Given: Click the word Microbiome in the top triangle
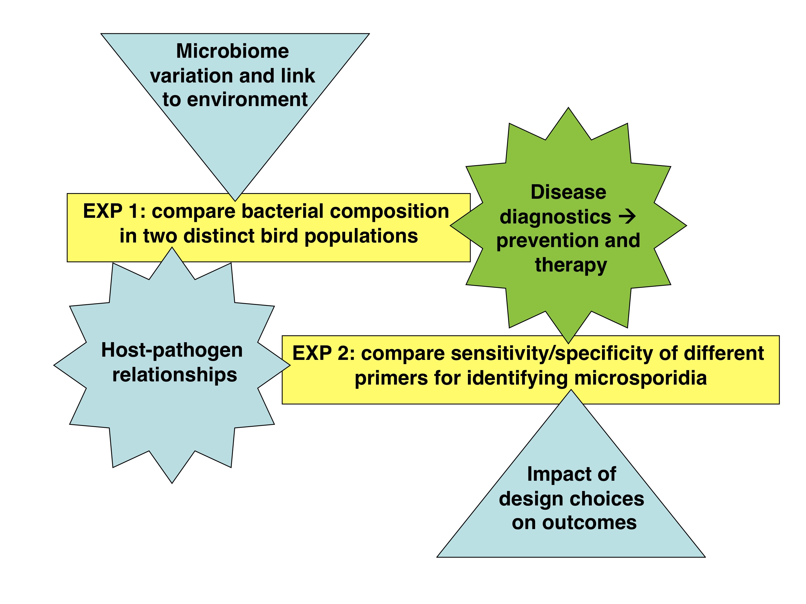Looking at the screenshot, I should click(x=232, y=51).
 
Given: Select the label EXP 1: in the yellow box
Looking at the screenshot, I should click(x=114, y=211).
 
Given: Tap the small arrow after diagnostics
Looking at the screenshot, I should click(x=627, y=217).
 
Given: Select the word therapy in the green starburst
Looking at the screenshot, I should click(x=571, y=265).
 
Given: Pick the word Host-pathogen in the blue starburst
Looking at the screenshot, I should click(x=172, y=350).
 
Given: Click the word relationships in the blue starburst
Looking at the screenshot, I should click(x=174, y=375).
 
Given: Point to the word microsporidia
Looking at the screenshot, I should click(x=640, y=378).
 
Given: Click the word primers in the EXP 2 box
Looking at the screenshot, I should click(x=391, y=378).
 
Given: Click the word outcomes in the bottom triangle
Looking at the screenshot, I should click(x=589, y=523).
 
